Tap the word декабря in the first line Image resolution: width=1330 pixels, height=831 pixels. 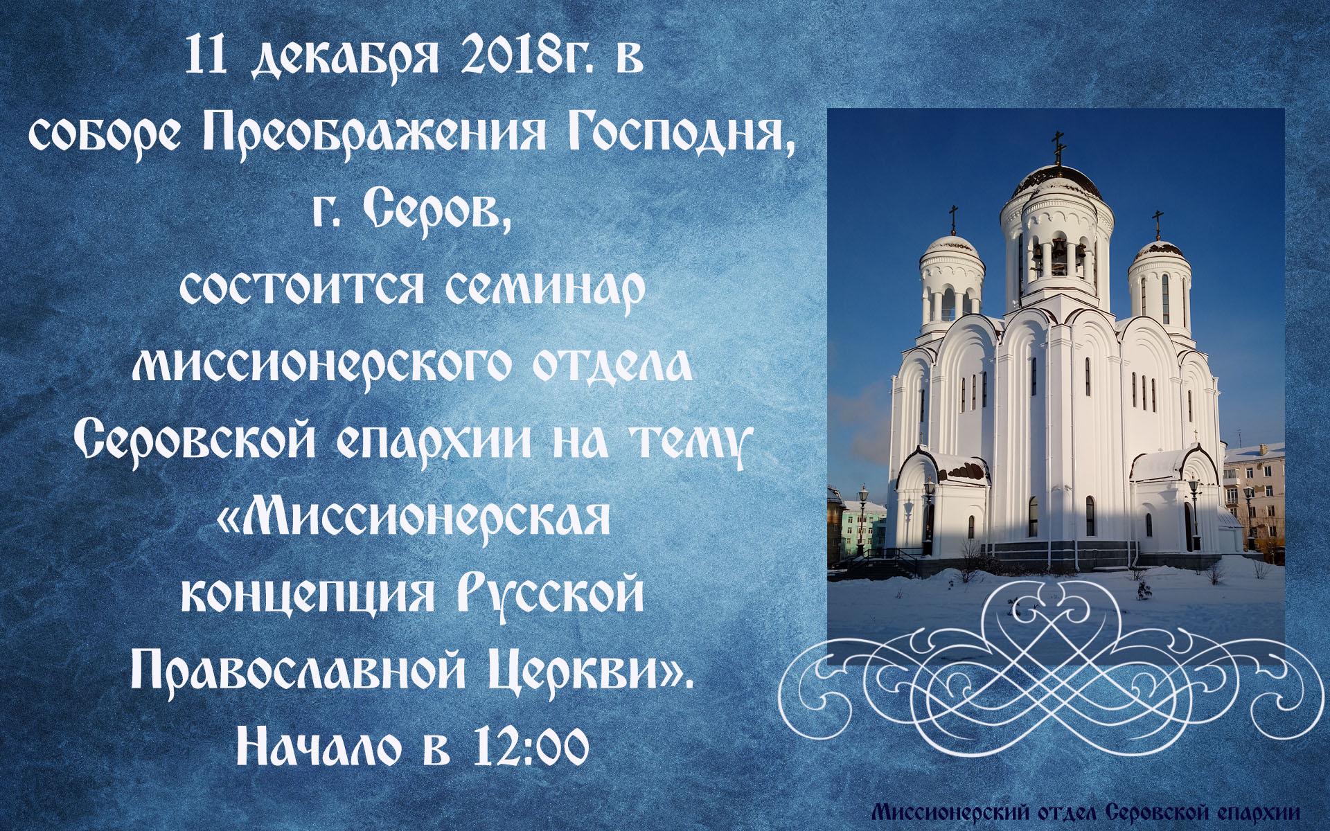(x=344, y=58)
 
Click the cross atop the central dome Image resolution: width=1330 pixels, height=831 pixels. (x=1058, y=148)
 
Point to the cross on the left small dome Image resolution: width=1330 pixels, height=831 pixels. (x=953, y=220)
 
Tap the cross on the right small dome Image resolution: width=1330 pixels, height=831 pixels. (x=1157, y=224)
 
